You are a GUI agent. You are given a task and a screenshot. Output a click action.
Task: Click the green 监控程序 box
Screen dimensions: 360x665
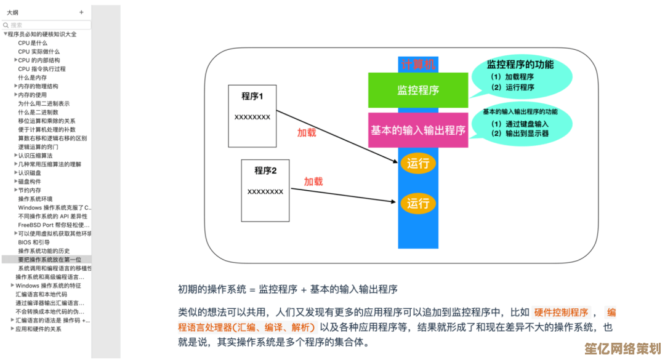tap(418, 90)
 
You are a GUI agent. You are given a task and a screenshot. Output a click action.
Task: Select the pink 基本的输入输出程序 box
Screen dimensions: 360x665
tap(418, 130)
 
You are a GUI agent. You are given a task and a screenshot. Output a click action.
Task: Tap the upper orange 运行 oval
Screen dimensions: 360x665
tap(418, 164)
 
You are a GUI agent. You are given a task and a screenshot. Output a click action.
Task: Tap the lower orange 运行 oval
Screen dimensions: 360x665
tap(418, 203)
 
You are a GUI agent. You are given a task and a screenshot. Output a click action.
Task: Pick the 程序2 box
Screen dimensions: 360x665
tap(265, 190)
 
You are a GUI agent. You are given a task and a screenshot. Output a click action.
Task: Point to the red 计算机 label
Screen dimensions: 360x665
tap(418, 65)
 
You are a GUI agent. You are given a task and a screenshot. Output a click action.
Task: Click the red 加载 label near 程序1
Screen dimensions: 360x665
tap(307, 132)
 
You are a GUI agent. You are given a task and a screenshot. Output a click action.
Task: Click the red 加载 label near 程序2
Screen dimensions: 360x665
tap(313, 182)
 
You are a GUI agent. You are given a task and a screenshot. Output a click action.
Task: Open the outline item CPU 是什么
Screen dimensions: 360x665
tap(33, 43)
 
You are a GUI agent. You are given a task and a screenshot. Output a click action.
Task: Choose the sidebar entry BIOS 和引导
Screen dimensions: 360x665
tap(35, 242)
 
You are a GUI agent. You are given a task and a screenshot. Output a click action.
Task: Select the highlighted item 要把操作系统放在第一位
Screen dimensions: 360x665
tap(49, 260)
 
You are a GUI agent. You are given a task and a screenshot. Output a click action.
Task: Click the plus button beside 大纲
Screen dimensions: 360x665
tap(81, 12)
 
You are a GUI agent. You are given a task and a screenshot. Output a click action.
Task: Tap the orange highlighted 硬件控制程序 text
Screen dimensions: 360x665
tap(561, 312)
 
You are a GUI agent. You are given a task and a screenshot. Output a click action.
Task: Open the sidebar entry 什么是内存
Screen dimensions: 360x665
tap(33, 78)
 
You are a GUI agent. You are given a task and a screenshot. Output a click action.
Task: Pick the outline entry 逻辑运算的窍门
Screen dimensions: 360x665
tap(38, 147)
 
